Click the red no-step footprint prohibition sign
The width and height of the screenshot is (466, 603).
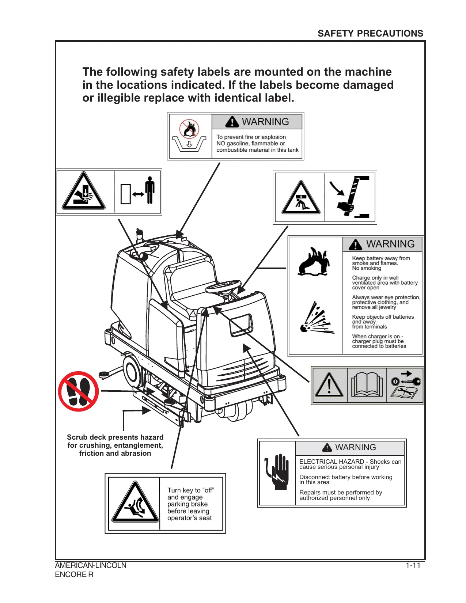coord(79,391)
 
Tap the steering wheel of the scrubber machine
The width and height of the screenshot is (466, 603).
coord(224,286)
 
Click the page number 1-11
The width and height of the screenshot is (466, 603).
coord(413,565)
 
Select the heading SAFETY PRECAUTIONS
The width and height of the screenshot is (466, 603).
coord(370,34)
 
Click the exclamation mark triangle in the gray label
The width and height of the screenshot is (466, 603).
coord(329,386)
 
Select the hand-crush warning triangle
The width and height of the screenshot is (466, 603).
coord(84,192)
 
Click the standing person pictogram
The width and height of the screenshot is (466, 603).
coord(149,190)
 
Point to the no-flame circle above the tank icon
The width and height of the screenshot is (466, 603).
coord(189,129)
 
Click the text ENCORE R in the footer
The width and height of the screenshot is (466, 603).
coord(74,574)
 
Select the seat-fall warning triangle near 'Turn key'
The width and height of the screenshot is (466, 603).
coord(135,503)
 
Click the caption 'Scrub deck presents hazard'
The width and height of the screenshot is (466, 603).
coord(115,437)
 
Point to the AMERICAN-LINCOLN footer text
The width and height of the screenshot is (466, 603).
coord(91,565)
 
